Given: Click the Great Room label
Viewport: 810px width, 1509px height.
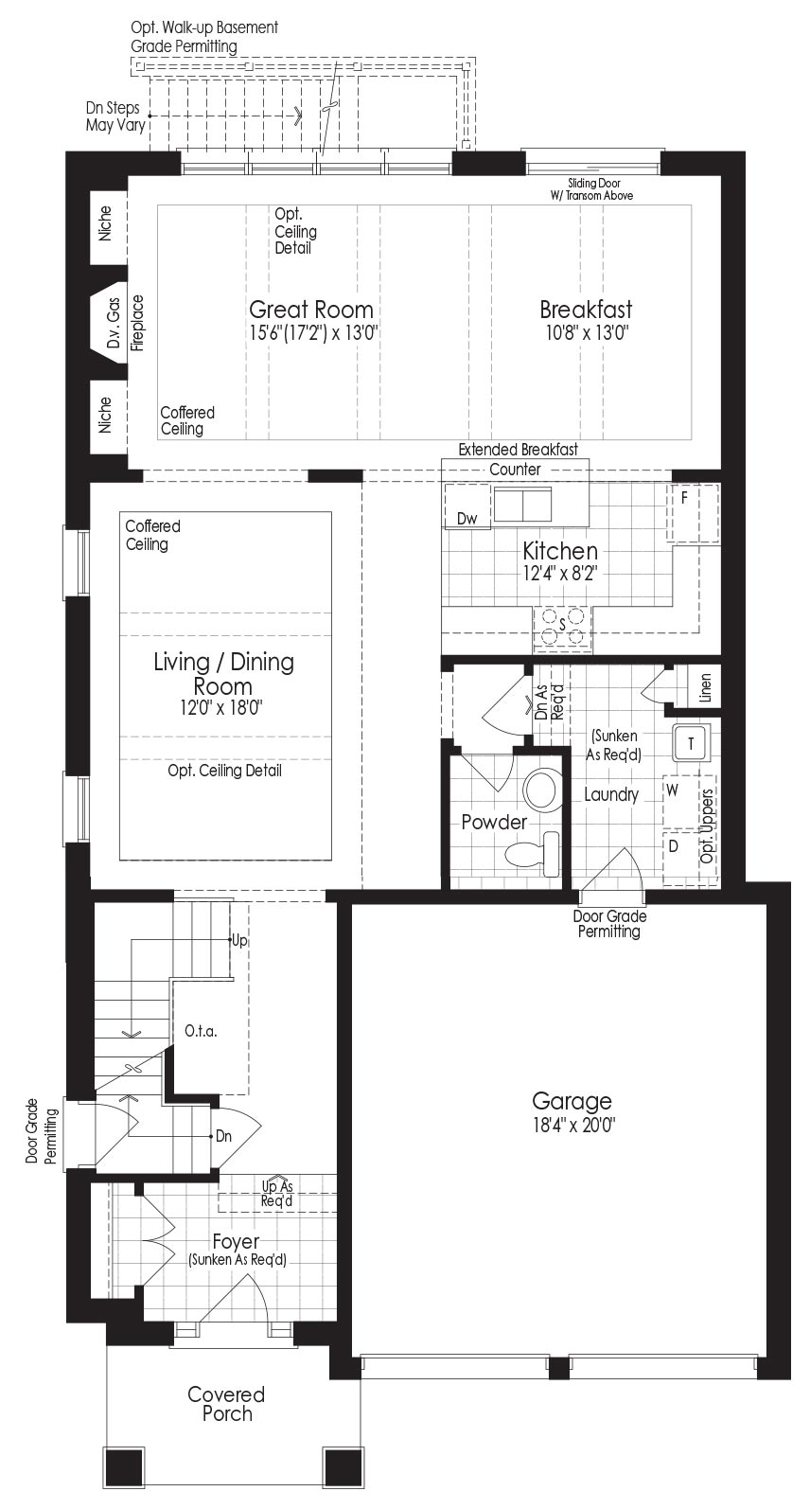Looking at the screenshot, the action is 311,310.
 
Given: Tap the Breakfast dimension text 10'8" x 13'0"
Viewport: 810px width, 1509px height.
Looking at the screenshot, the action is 587,333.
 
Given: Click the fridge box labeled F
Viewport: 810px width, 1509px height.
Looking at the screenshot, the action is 693,513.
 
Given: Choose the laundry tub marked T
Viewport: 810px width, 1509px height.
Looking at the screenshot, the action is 690,744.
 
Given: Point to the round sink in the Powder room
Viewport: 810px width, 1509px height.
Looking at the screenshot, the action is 542,790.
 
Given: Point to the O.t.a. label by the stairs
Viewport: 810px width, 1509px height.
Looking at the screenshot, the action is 201,1031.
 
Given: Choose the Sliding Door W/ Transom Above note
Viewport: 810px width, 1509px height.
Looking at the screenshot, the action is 591,189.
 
